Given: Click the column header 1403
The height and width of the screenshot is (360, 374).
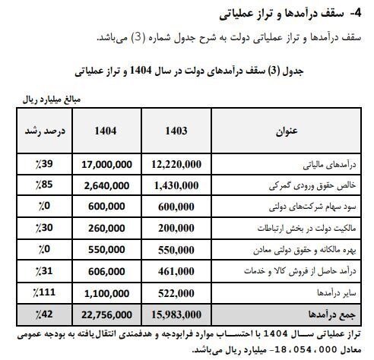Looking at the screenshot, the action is (176, 128).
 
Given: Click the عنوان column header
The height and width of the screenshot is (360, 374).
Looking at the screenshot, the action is (287, 128).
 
